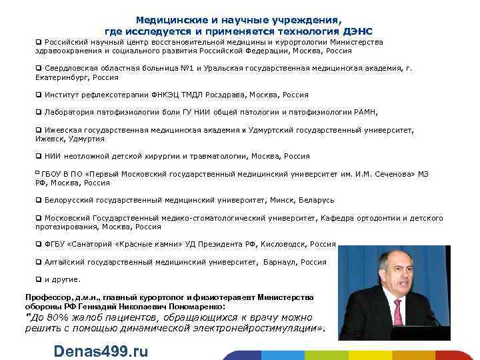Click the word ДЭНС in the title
pyautogui.click(x=359, y=31)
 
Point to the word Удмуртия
pyautogui.click(x=87, y=139)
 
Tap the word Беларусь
pyautogui.click(x=317, y=200)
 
